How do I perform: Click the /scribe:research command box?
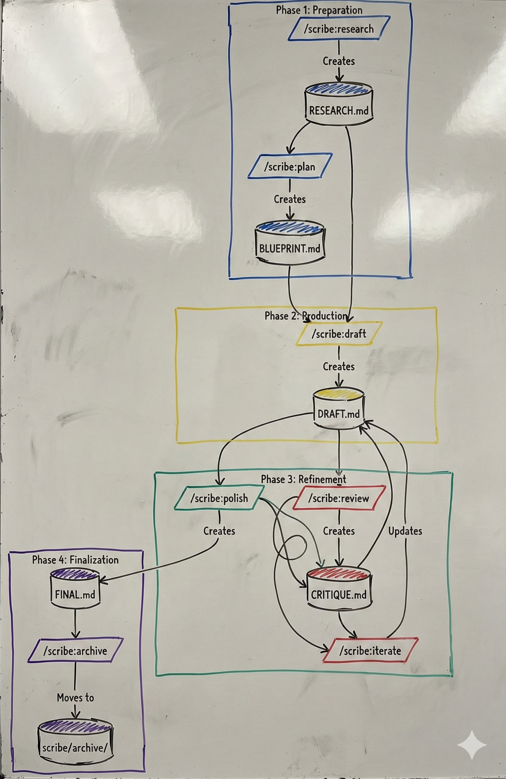[339, 29]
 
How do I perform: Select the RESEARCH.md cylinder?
[339, 104]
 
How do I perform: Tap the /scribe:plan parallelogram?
[289, 167]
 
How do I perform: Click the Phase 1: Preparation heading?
[319, 10]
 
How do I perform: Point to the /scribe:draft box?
[339, 334]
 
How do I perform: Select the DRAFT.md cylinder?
[338, 409]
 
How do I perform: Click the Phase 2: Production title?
[306, 316]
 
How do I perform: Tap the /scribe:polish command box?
[219, 498]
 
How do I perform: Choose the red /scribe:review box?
[339, 498]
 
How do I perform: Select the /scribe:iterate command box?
[370, 651]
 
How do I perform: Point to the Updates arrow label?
[405, 531]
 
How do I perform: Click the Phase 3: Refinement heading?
[303, 480]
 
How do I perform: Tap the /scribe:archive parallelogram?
[75, 651]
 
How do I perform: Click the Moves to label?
[75, 697]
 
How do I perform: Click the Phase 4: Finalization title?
[75, 560]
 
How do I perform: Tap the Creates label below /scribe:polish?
[219, 531]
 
